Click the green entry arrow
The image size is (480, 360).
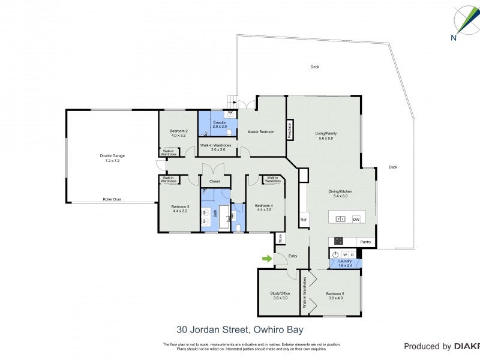tap(266, 259)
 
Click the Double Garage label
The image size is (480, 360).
tap(112, 158)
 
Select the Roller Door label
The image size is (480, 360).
tap(112, 199)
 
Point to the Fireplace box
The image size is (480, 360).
tap(290, 131)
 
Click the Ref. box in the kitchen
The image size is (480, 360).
tap(304, 220)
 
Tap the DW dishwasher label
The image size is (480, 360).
tap(356, 220)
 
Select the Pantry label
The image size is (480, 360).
tap(365, 242)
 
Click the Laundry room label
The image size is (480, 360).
tap(345, 263)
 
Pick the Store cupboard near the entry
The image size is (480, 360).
tap(280, 238)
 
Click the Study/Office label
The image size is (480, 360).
tap(279, 295)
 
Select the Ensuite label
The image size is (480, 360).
tap(219, 124)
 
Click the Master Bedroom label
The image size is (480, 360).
tap(261, 132)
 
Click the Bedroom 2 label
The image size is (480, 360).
tap(178, 133)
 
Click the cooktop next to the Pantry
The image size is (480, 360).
tap(338, 241)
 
